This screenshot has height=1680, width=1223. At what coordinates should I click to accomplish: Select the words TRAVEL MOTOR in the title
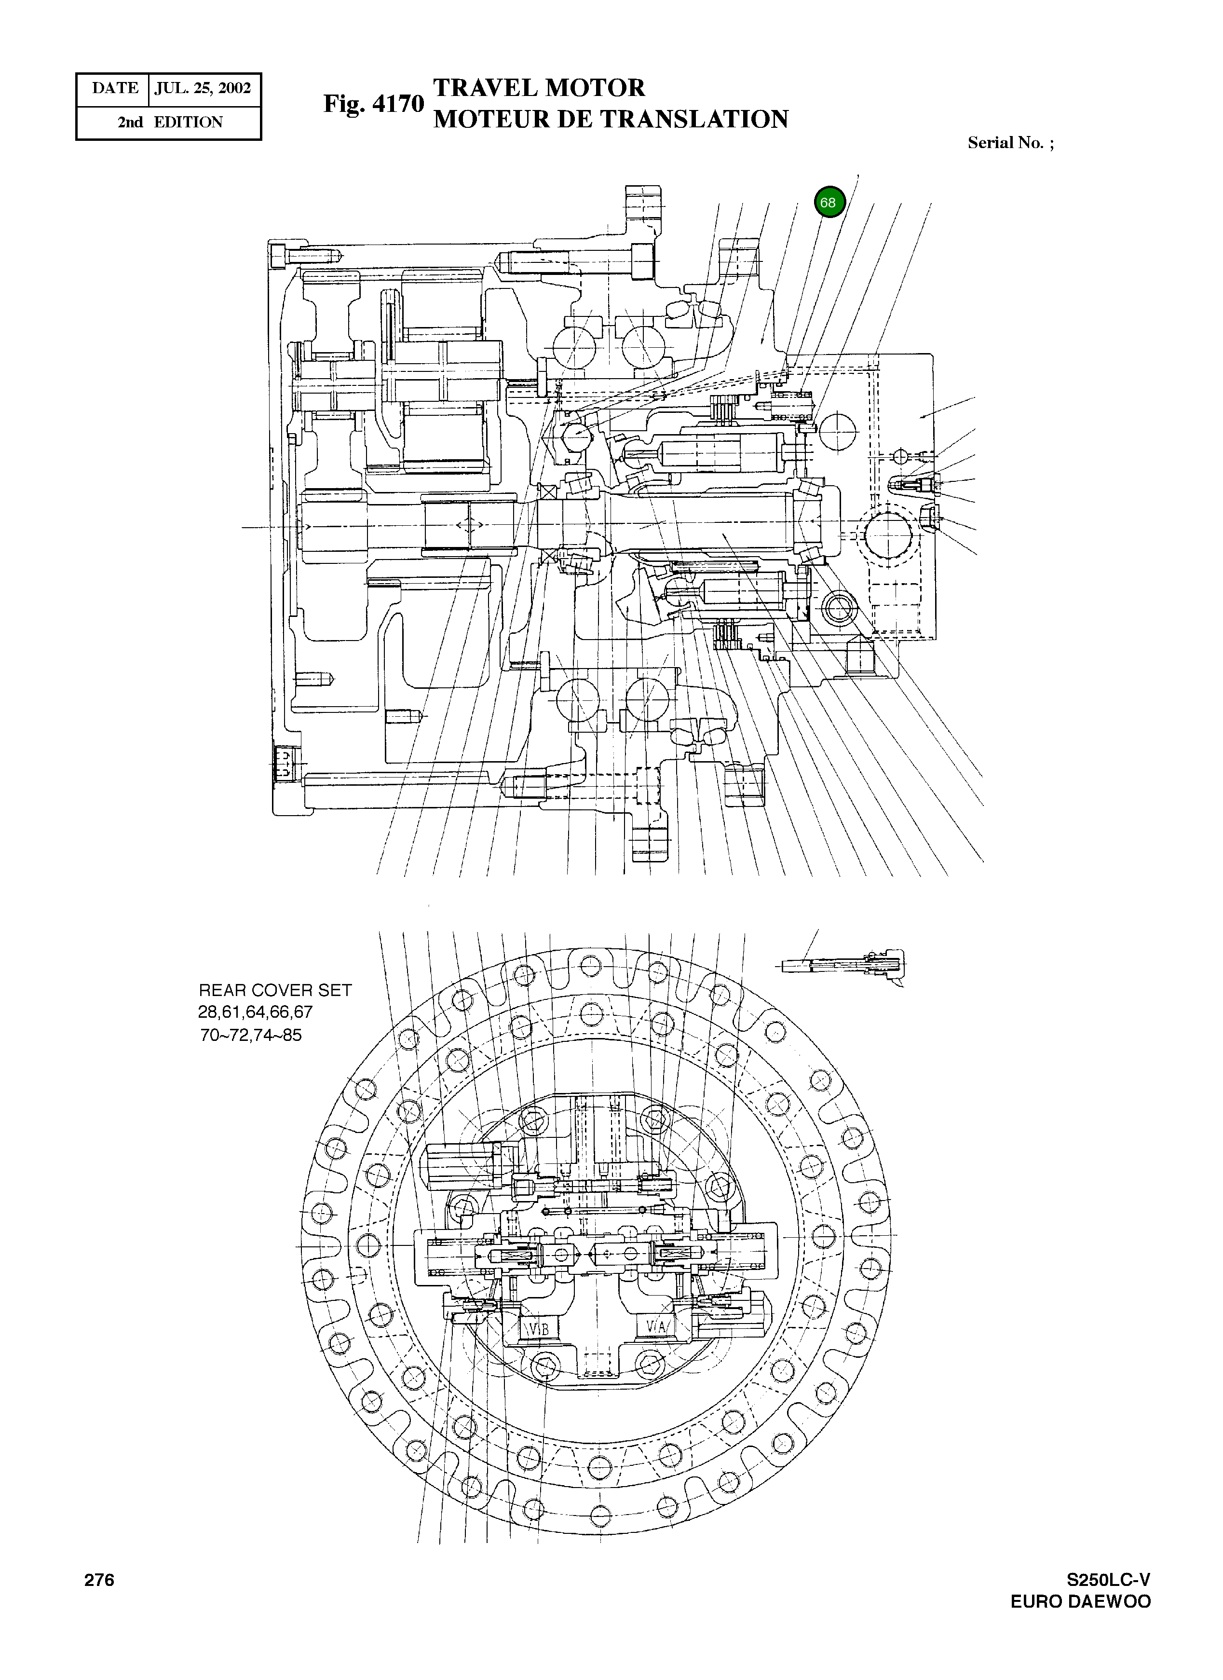(x=539, y=88)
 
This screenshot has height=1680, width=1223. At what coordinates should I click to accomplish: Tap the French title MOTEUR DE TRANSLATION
(x=611, y=119)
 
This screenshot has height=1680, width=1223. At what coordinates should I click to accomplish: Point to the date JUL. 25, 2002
(x=203, y=89)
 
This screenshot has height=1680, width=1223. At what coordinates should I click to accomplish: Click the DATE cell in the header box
(x=115, y=89)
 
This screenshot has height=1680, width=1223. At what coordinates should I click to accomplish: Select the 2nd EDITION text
(x=170, y=122)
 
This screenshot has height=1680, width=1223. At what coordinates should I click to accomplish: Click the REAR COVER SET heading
(x=275, y=990)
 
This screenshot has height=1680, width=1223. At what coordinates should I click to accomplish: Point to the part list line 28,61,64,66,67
(x=256, y=1012)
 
